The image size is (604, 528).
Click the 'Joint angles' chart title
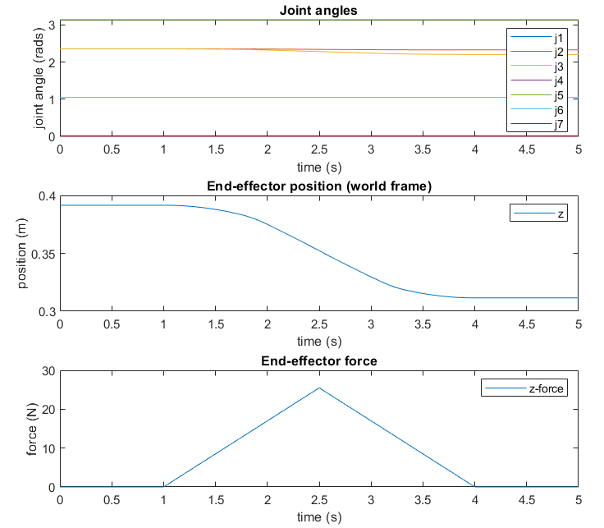[x=319, y=11]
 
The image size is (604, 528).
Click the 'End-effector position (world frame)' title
[x=319, y=186]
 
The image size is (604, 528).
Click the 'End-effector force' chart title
[x=319, y=360]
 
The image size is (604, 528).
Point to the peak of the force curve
[x=319, y=388]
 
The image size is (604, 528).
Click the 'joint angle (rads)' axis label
[x=39, y=79]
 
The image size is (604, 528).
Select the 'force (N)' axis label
[x=34, y=429]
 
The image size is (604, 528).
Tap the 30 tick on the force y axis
[x=48, y=371]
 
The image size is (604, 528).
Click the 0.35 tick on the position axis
[x=43, y=254]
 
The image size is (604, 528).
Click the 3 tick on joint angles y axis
[x=51, y=25]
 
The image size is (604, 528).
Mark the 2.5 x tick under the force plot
[x=319, y=498]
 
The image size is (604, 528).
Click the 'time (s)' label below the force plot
[x=319, y=517]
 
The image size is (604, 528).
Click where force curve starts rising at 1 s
[x=163, y=487]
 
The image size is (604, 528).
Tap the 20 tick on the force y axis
[x=48, y=410]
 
